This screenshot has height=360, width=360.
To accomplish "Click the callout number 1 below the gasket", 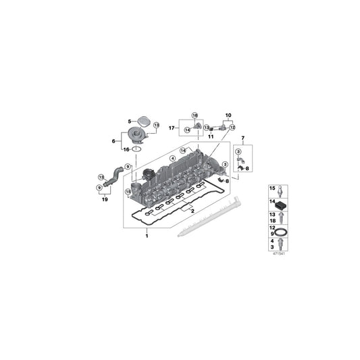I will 147,236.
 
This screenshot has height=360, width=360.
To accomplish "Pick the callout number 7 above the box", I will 243,138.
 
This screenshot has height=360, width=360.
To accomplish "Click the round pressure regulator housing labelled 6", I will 138,134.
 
